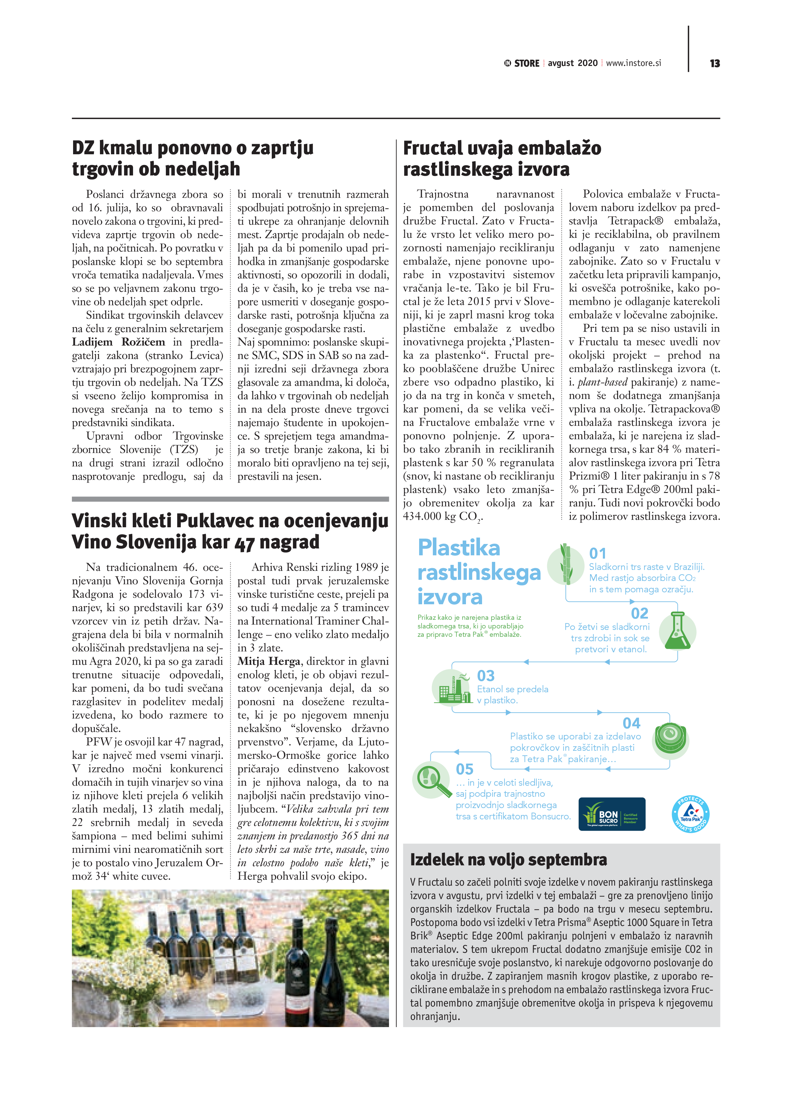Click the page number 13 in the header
(x=714, y=64)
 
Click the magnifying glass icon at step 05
(x=432, y=780)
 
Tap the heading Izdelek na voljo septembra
(x=508, y=860)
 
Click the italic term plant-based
(x=602, y=382)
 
